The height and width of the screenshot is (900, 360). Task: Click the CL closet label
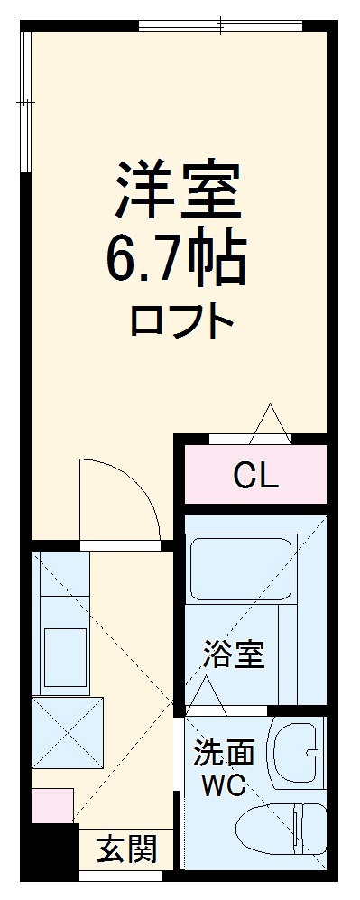pyautogui.click(x=255, y=474)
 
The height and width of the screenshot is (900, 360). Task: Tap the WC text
pyautogui.click(x=221, y=785)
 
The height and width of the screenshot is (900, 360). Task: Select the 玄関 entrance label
pyautogui.click(x=127, y=849)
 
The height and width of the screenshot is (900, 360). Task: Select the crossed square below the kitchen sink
pyautogui.click(x=69, y=732)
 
